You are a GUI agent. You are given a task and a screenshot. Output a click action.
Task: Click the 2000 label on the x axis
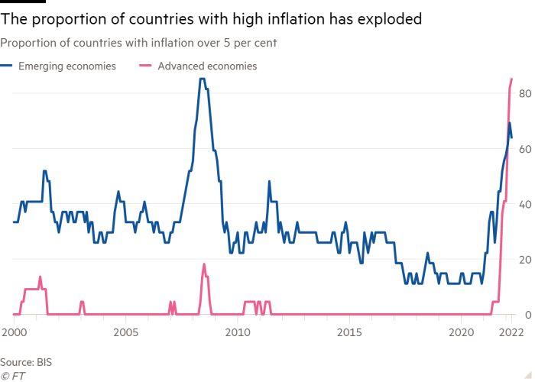tap(13, 332)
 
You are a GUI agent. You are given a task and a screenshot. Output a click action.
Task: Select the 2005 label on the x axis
tap(125, 332)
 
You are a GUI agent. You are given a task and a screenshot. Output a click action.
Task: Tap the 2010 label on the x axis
tap(237, 332)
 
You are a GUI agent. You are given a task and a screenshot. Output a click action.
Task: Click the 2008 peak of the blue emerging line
tap(202, 79)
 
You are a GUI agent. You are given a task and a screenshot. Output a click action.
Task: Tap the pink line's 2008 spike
tap(204, 264)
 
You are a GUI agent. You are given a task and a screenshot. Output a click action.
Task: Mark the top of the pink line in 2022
tap(511, 79)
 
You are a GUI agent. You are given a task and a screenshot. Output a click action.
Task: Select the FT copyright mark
tap(11, 375)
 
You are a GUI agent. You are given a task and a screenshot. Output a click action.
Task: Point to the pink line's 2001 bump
tap(41, 277)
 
